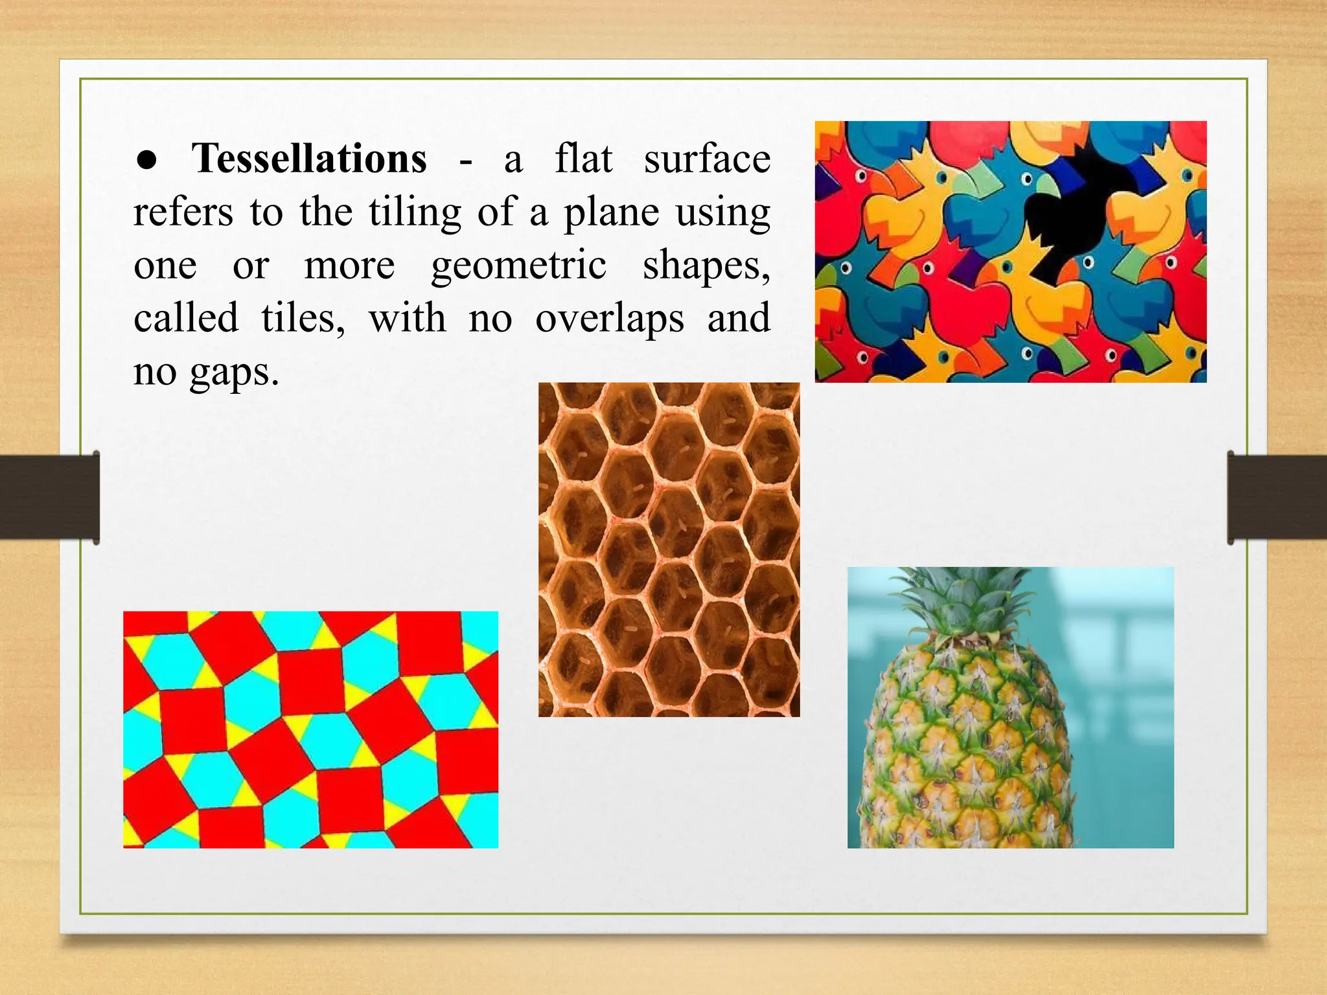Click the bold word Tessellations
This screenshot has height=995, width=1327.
[309, 159]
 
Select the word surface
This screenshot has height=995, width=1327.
[707, 159]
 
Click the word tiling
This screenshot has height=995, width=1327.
[415, 212]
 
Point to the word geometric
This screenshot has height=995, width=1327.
[518, 266]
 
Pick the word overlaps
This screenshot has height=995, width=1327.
[609, 319]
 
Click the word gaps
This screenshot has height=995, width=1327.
[234, 373]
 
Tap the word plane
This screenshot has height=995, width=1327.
[611, 212]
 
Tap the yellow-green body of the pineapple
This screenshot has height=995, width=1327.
[965, 745]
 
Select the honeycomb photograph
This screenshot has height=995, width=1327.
[669, 549]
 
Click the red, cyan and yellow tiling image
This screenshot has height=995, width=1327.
[310, 729]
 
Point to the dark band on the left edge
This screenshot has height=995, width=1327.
[49, 497]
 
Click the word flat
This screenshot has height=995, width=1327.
[583, 159]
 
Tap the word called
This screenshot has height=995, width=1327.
[186, 319]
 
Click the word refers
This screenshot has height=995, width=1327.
[183, 212]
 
